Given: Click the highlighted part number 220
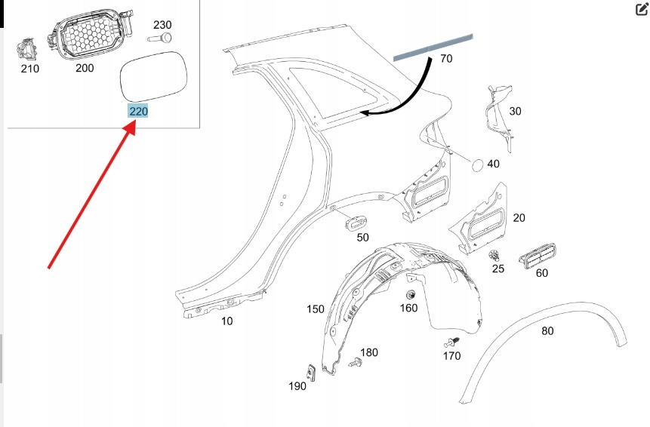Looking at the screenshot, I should coord(138,111).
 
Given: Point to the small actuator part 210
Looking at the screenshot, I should coord(28,50).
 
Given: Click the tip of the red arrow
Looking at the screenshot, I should coord(134,123).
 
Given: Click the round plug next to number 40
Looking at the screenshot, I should coord(478,163).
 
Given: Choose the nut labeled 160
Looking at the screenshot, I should coord(411,293).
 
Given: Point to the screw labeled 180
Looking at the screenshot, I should coord(356,363).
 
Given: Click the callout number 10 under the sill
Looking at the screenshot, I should coord(226,321).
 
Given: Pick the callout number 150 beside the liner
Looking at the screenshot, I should coord(315,309).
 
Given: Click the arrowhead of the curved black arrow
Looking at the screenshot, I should coord(363,114).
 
